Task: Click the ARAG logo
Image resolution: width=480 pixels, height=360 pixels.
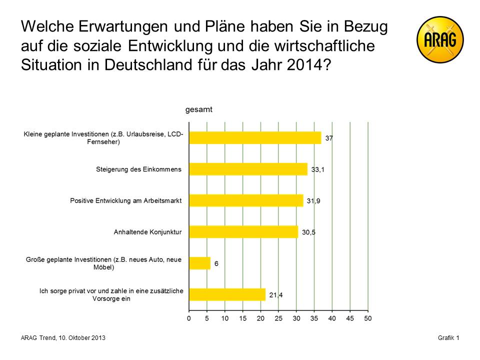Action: [440, 39]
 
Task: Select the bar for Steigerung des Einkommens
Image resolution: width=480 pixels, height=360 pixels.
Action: [248, 169]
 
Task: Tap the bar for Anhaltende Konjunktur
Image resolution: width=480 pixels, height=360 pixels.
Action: [243, 232]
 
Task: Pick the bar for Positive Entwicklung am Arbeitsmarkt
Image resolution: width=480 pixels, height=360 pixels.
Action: [246, 200]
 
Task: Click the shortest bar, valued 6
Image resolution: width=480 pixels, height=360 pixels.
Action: [199, 263]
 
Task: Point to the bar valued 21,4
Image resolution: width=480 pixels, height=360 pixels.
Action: [227, 294]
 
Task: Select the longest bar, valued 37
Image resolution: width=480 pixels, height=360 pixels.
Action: [255, 138]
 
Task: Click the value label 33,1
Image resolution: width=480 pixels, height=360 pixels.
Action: [318, 170]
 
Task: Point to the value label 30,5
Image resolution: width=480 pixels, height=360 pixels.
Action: [308, 232]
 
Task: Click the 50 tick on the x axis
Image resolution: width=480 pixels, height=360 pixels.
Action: [368, 318]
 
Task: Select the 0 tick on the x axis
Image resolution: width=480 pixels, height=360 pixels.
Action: [189, 318]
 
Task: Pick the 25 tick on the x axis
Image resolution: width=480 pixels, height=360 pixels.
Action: [278, 318]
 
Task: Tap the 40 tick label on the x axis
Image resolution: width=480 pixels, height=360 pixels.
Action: [332, 318]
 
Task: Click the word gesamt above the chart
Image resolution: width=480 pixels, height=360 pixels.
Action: [198, 110]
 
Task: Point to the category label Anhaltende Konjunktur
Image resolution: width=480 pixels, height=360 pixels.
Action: [147, 232]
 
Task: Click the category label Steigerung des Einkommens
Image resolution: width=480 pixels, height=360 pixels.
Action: [138, 169]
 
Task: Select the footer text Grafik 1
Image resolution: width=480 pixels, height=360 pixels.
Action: [448, 338]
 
